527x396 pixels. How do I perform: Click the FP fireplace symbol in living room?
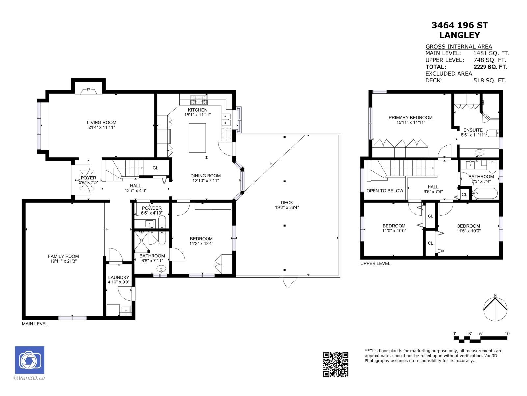[x=89, y=90]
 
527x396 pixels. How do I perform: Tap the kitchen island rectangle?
[x=197, y=138]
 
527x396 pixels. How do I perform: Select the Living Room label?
[x=101, y=123]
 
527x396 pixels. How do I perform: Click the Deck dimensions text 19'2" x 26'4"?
[x=287, y=208]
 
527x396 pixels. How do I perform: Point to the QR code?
[x=336, y=364]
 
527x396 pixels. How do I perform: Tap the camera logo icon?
[x=30, y=360]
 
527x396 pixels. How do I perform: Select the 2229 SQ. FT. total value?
[x=490, y=67]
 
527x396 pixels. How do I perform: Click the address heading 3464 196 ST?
[x=459, y=25]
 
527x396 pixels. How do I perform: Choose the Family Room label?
[x=63, y=256]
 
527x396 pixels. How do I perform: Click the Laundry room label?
[x=119, y=277]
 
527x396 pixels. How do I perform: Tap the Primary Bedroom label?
[x=410, y=118]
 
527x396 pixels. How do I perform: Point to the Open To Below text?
[x=385, y=191]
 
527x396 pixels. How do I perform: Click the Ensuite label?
[x=473, y=130]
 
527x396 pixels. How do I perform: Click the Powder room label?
[x=152, y=208]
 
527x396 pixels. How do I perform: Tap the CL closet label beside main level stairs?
[x=155, y=168]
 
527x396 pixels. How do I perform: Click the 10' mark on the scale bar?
[x=507, y=334]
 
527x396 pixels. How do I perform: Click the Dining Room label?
[x=206, y=176]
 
